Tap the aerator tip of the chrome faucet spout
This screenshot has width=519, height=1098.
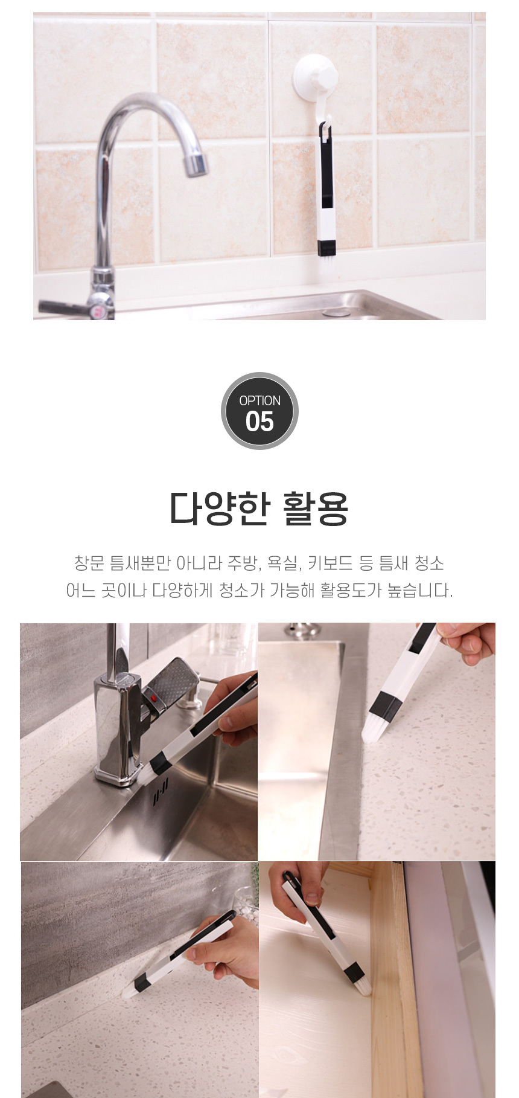[196, 164]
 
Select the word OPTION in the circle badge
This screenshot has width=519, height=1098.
[259, 400]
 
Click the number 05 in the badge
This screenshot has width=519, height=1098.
[259, 422]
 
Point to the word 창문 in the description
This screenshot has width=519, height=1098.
[89, 563]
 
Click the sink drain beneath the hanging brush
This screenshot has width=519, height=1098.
[336, 313]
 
